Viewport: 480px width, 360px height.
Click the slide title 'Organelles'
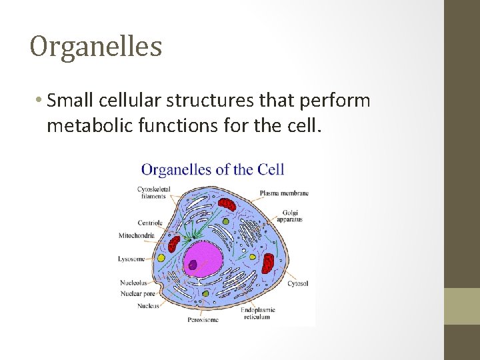[x=96, y=47]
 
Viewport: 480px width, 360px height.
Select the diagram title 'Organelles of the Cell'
[x=213, y=169]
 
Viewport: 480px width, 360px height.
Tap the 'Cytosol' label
[x=297, y=283]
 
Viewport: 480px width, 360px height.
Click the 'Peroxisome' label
[x=202, y=320]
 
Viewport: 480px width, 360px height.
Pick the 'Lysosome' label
[x=131, y=259]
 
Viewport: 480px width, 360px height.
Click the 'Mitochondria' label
[x=137, y=235]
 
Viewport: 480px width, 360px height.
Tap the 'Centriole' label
[x=150, y=223]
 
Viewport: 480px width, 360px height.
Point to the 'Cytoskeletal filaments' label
[x=153, y=193]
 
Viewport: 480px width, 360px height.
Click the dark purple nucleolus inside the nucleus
[x=193, y=265]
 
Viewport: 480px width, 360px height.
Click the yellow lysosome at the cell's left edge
[x=160, y=257]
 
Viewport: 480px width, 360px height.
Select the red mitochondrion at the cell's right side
[x=268, y=263]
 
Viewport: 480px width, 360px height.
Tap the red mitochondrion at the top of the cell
[x=227, y=204]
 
